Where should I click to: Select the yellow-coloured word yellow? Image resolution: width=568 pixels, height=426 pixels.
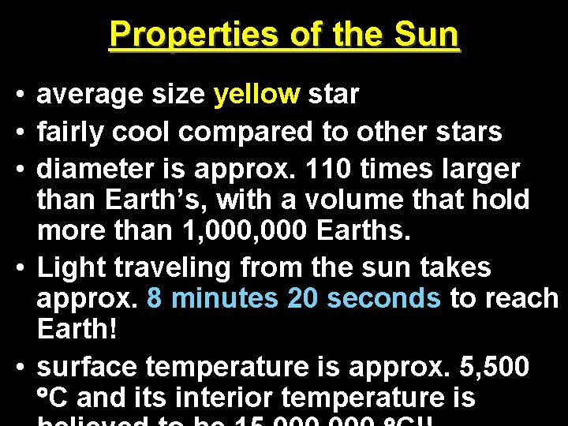(256, 95)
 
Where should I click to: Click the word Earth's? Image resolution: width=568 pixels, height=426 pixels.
(159, 200)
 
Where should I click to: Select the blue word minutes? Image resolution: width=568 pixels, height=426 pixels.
(224, 298)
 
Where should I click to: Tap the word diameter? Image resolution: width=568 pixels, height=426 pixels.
(95, 168)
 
